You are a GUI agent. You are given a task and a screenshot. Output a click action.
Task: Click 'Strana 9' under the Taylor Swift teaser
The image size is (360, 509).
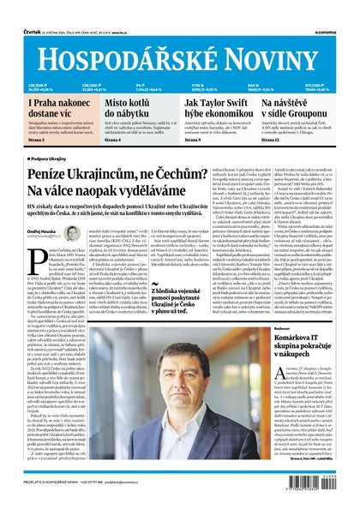192,141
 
